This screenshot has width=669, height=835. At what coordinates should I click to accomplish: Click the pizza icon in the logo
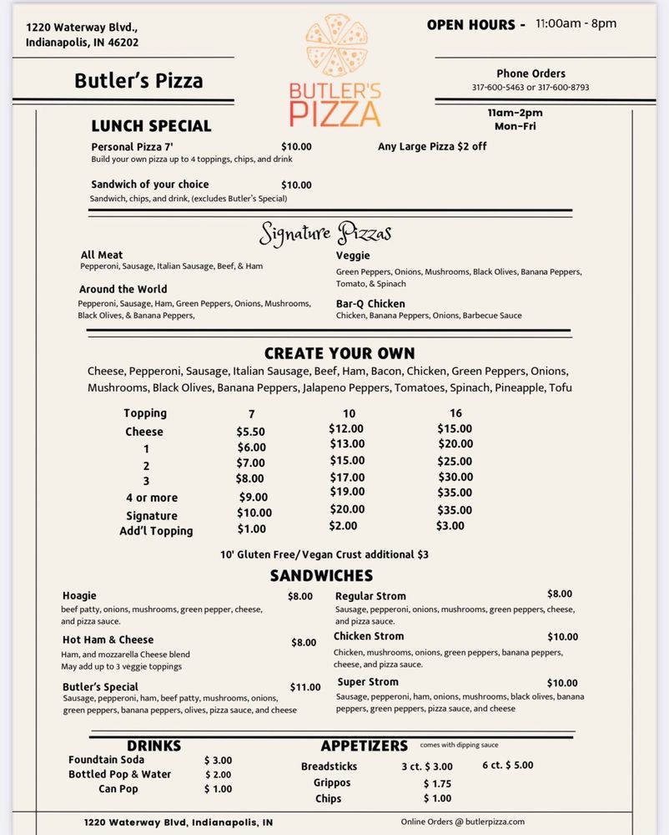pyautogui.click(x=335, y=46)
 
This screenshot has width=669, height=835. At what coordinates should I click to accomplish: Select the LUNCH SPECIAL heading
pyautogui.click(x=151, y=126)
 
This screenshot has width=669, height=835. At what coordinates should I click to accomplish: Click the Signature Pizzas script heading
pyautogui.click(x=325, y=233)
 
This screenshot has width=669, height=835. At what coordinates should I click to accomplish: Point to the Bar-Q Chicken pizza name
pyautogui.click(x=370, y=304)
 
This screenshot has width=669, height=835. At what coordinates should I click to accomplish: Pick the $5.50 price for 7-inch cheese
pyautogui.click(x=251, y=432)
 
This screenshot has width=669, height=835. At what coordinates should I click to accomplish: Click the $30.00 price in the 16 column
pyautogui.click(x=455, y=478)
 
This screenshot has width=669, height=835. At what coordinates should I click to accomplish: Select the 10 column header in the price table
pyautogui.click(x=349, y=413)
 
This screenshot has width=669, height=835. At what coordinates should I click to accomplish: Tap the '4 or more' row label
pyautogui.click(x=152, y=498)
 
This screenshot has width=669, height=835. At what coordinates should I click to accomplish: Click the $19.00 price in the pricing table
pyautogui.click(x=347, y=492)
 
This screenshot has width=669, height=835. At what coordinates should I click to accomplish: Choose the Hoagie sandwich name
pyautogui.click(x=79, y=595)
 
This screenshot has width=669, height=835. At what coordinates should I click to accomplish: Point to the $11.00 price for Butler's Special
pyautogui.click(x=305, y=687)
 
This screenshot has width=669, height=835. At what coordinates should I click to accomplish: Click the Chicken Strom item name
pyautogui.click(x=369, y=636)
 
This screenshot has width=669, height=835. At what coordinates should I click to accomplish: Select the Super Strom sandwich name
pyautogui.click(x=368, y=682)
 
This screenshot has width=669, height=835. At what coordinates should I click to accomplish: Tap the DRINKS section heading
pyautogui.click(x=153, y=746)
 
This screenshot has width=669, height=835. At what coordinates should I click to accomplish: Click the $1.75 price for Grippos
pyautogui.click(x=437, y=783)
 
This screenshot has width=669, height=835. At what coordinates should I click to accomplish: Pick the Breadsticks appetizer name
pyautogui.click(x=329, y=767)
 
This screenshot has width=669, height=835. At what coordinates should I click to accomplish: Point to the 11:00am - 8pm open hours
pyautogui.click(x=576, y=23)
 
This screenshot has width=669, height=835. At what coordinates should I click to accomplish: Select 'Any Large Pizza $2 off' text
pyautogui.click(x=432, y=146)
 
